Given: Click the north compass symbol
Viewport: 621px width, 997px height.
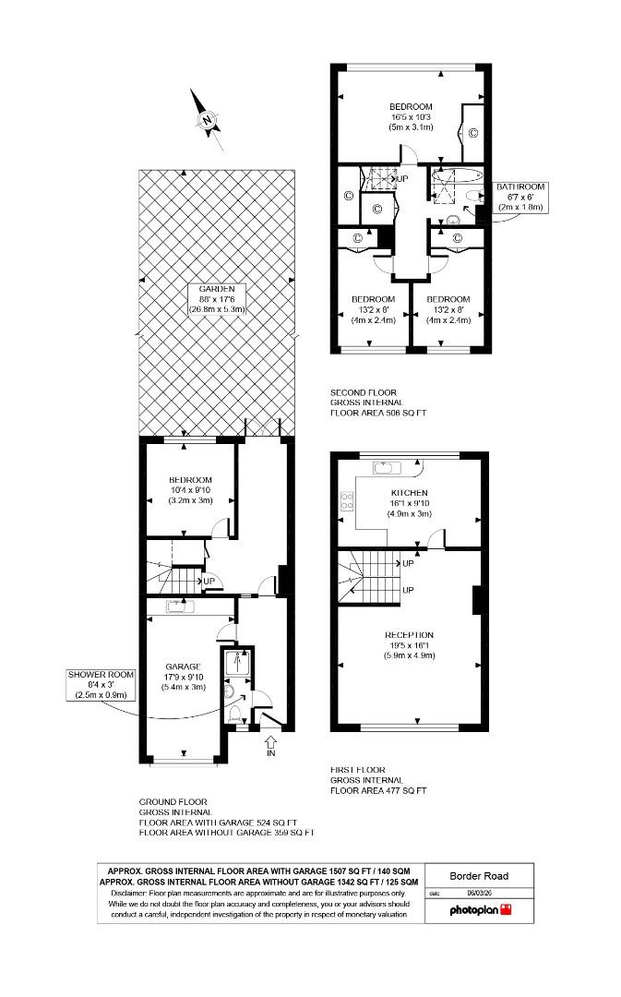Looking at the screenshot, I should (x=208, y=119).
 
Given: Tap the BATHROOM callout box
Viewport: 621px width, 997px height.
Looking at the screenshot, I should (x=521, y=197).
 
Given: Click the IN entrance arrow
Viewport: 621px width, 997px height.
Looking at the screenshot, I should (x=270, y=744).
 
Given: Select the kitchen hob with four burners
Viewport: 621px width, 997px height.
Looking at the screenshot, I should (x=348, y=502).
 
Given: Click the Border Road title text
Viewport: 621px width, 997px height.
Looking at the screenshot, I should (x=478, y=876).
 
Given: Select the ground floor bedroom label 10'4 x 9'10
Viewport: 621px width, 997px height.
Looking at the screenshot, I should (x=190, y=490).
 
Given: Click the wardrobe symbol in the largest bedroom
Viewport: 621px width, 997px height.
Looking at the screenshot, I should (x=472, y=133).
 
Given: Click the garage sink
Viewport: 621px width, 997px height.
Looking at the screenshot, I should (x=178, y=607).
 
